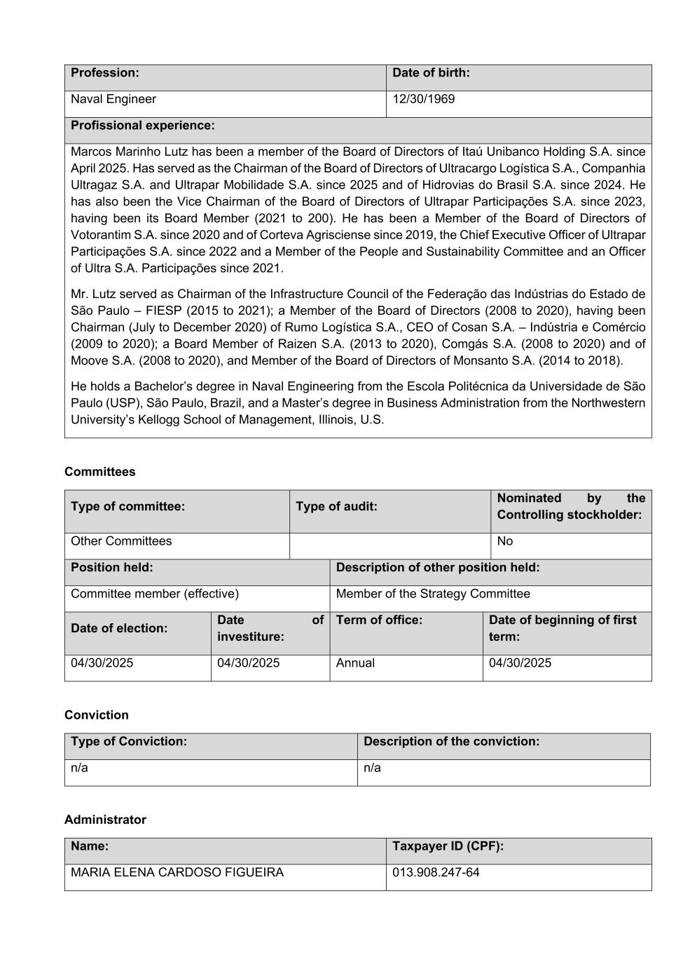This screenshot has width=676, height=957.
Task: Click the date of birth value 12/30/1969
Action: [x=423, y=100]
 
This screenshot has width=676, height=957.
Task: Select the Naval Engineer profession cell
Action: [x=113, y=100]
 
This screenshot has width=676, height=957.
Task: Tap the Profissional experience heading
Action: [x=143, y=125]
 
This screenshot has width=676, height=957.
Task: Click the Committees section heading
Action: [x=100, y=472]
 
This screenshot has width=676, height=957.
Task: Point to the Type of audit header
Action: [x=336, y=506]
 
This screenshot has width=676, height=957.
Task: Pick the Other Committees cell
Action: [x=121, y=541]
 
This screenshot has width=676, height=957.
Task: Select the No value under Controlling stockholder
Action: [x=504, y=541]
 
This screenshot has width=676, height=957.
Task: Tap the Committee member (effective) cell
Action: [x=155, y=594]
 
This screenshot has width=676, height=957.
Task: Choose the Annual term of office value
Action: [x=355, y=663]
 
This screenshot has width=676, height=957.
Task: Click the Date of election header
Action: [x=119, y=628]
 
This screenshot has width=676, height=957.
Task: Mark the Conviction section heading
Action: [x=97, y=715]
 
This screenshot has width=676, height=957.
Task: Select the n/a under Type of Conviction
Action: [x=79, y=768]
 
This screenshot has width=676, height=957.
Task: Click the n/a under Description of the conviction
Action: [x=372, y=768]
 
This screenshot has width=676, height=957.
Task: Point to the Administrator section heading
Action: [x=105, y=820]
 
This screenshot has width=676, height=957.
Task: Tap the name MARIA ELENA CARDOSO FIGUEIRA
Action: [x=177, y=873]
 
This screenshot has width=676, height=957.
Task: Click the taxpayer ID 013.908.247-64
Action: [x=436, y=873]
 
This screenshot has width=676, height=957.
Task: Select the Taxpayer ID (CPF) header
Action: [x=448, y=846]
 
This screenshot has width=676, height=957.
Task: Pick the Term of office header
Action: [x=379, y=620]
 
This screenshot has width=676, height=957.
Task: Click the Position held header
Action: [x=112, y=567]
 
